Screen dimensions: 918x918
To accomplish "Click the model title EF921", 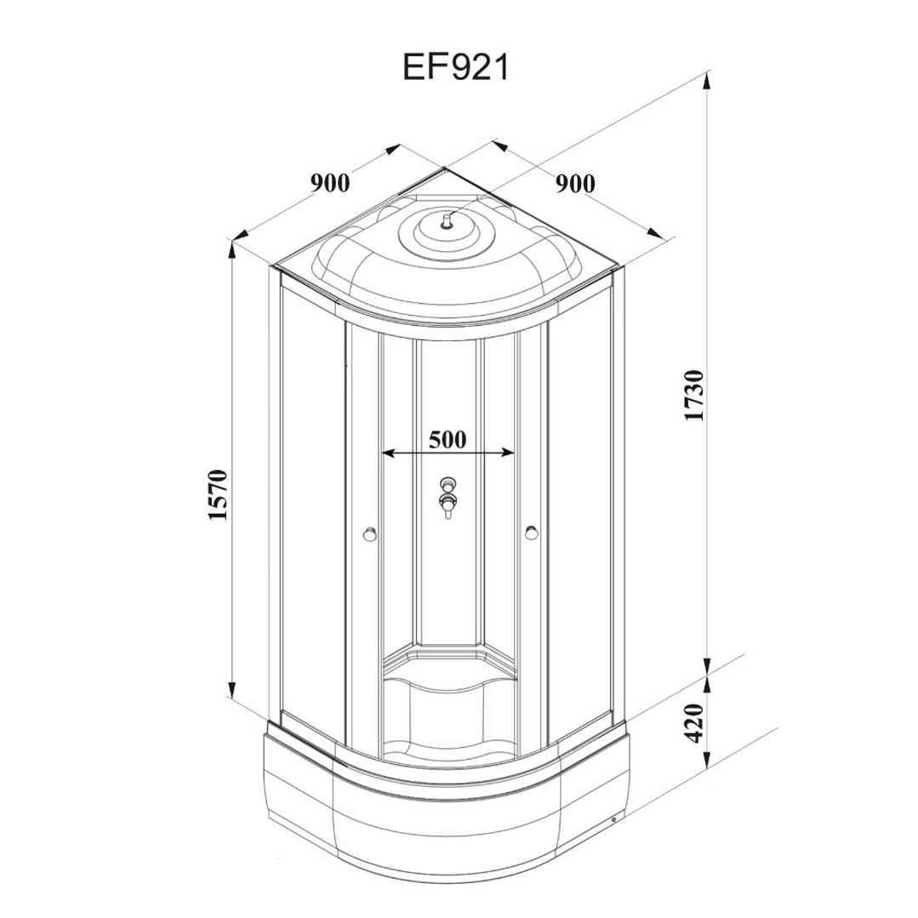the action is click(456, 66).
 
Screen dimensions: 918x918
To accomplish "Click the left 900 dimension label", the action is click(330, 183).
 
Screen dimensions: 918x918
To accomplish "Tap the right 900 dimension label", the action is click(575, 183).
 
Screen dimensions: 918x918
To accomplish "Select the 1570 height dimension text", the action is click(217, 494).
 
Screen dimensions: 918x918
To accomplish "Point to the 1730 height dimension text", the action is click(693, 395).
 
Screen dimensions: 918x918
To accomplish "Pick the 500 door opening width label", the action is click(448, 439).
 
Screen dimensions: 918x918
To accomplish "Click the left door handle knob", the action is click(369, 534).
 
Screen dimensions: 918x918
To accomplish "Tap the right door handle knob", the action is click(531, 533).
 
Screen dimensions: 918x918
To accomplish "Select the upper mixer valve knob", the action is click(448, 484).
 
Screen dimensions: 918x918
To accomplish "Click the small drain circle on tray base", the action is click(613, 819).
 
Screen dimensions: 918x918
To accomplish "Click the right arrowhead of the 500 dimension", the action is click(508, 453).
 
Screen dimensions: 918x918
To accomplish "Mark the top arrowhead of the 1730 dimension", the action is click(707, 79).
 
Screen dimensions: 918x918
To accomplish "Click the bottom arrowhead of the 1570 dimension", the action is click(232, 689).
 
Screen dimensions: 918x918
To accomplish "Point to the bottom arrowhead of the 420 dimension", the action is click(707, 761).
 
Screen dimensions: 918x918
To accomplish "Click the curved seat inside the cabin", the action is click(448, 684).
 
